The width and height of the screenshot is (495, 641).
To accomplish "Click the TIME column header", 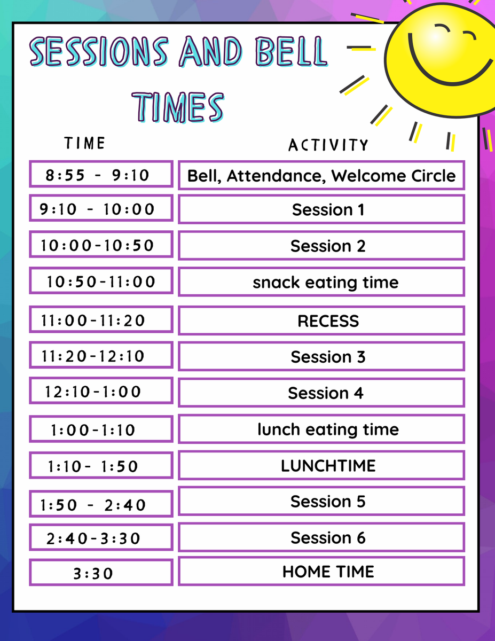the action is [x=84, y=143].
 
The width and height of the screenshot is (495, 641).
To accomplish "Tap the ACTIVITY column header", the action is [x=328, y=145].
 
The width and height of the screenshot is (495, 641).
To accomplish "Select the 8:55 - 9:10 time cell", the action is [x=101, y=174].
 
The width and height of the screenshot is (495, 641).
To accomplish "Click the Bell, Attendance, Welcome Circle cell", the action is [x=321, y=175].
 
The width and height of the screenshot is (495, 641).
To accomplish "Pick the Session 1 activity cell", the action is [x=321, y=209].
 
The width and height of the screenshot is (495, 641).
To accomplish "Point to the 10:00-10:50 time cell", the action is [x=101, y=245].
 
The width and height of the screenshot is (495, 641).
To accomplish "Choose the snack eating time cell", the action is [x=321, y=282].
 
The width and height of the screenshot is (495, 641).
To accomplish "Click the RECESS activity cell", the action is [x=321, y=320].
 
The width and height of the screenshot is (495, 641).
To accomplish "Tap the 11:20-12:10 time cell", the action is [x=101, y=355].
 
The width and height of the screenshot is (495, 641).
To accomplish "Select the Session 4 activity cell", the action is [x=321, y=392].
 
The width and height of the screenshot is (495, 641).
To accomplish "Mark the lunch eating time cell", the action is [x=321, y=429].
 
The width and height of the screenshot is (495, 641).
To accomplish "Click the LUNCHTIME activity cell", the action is [x=321, y=465].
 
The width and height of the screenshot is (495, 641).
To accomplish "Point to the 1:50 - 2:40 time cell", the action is [x=101, y=504].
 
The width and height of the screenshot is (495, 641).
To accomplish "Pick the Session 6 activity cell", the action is [x=321, y=537].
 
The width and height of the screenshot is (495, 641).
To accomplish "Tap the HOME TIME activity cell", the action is [x=321, y=571].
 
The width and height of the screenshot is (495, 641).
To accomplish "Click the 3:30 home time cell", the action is [x=101, y=573].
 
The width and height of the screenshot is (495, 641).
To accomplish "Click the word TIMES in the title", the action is [x=178, y=107].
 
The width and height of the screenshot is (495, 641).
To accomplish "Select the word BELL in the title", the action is [x=291, y=51].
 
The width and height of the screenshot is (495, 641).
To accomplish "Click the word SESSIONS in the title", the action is [x=99, y=51].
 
